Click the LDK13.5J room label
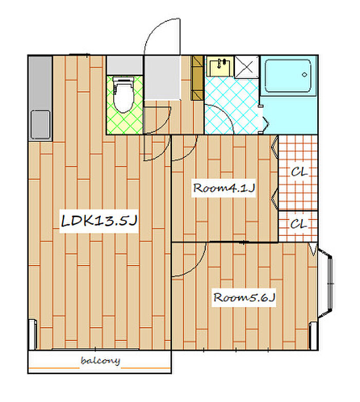tap(99, 221)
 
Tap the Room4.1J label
tap(224, 188)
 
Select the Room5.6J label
tap(244, 298)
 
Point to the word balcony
tap(100, 361)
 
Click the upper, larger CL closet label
tap(299, 172)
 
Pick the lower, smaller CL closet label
tap(298, 224)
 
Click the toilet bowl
tap(123, 95)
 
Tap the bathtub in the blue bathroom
tap(288, 76)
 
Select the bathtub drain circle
tap(304, 75)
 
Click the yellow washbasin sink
tap(220, 66)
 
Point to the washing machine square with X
tap(247, 67)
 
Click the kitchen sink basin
tap(41, 125)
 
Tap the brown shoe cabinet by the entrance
tap(197, 78)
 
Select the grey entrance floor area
tap(162, 78)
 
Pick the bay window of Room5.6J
tap(326, 283)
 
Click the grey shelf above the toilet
tap(124, 65)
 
